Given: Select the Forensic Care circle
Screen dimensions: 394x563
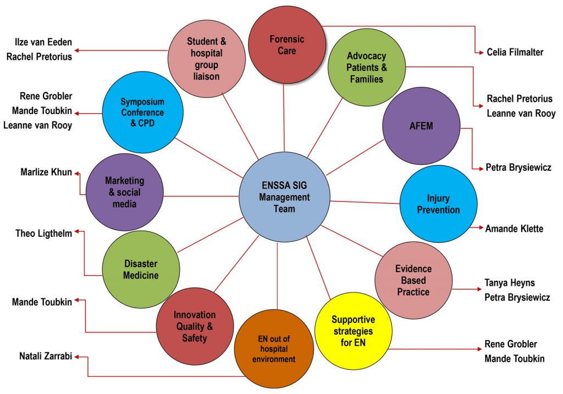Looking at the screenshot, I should point(286,45).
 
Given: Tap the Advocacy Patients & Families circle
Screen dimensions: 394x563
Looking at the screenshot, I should point(366,68).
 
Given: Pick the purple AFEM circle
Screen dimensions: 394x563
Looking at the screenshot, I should point(421,126).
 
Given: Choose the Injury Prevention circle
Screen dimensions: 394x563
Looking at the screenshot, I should point(438,203).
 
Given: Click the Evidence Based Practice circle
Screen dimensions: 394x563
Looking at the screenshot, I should point(413,280).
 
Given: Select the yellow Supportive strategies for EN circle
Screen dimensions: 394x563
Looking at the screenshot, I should point(353,331).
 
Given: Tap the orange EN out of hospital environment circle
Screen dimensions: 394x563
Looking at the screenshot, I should point(274,349).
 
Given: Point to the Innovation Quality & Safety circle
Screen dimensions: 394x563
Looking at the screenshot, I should point(195,326).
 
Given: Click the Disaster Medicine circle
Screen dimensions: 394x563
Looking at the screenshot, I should point(141,269).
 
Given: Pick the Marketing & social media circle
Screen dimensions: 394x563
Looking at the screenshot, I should point(125,192).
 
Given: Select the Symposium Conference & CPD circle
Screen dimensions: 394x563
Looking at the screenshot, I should point(142,113).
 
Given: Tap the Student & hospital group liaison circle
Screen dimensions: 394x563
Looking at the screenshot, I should point(206,59).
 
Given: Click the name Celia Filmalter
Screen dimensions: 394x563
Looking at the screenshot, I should point(515,52).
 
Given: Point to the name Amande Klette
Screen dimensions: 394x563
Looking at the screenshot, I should point(514,228).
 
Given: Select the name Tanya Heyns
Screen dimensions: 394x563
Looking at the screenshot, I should point(509,283).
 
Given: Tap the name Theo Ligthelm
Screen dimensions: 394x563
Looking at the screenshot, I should point(44,234).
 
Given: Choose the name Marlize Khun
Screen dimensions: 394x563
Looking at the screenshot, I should point(46,173).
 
